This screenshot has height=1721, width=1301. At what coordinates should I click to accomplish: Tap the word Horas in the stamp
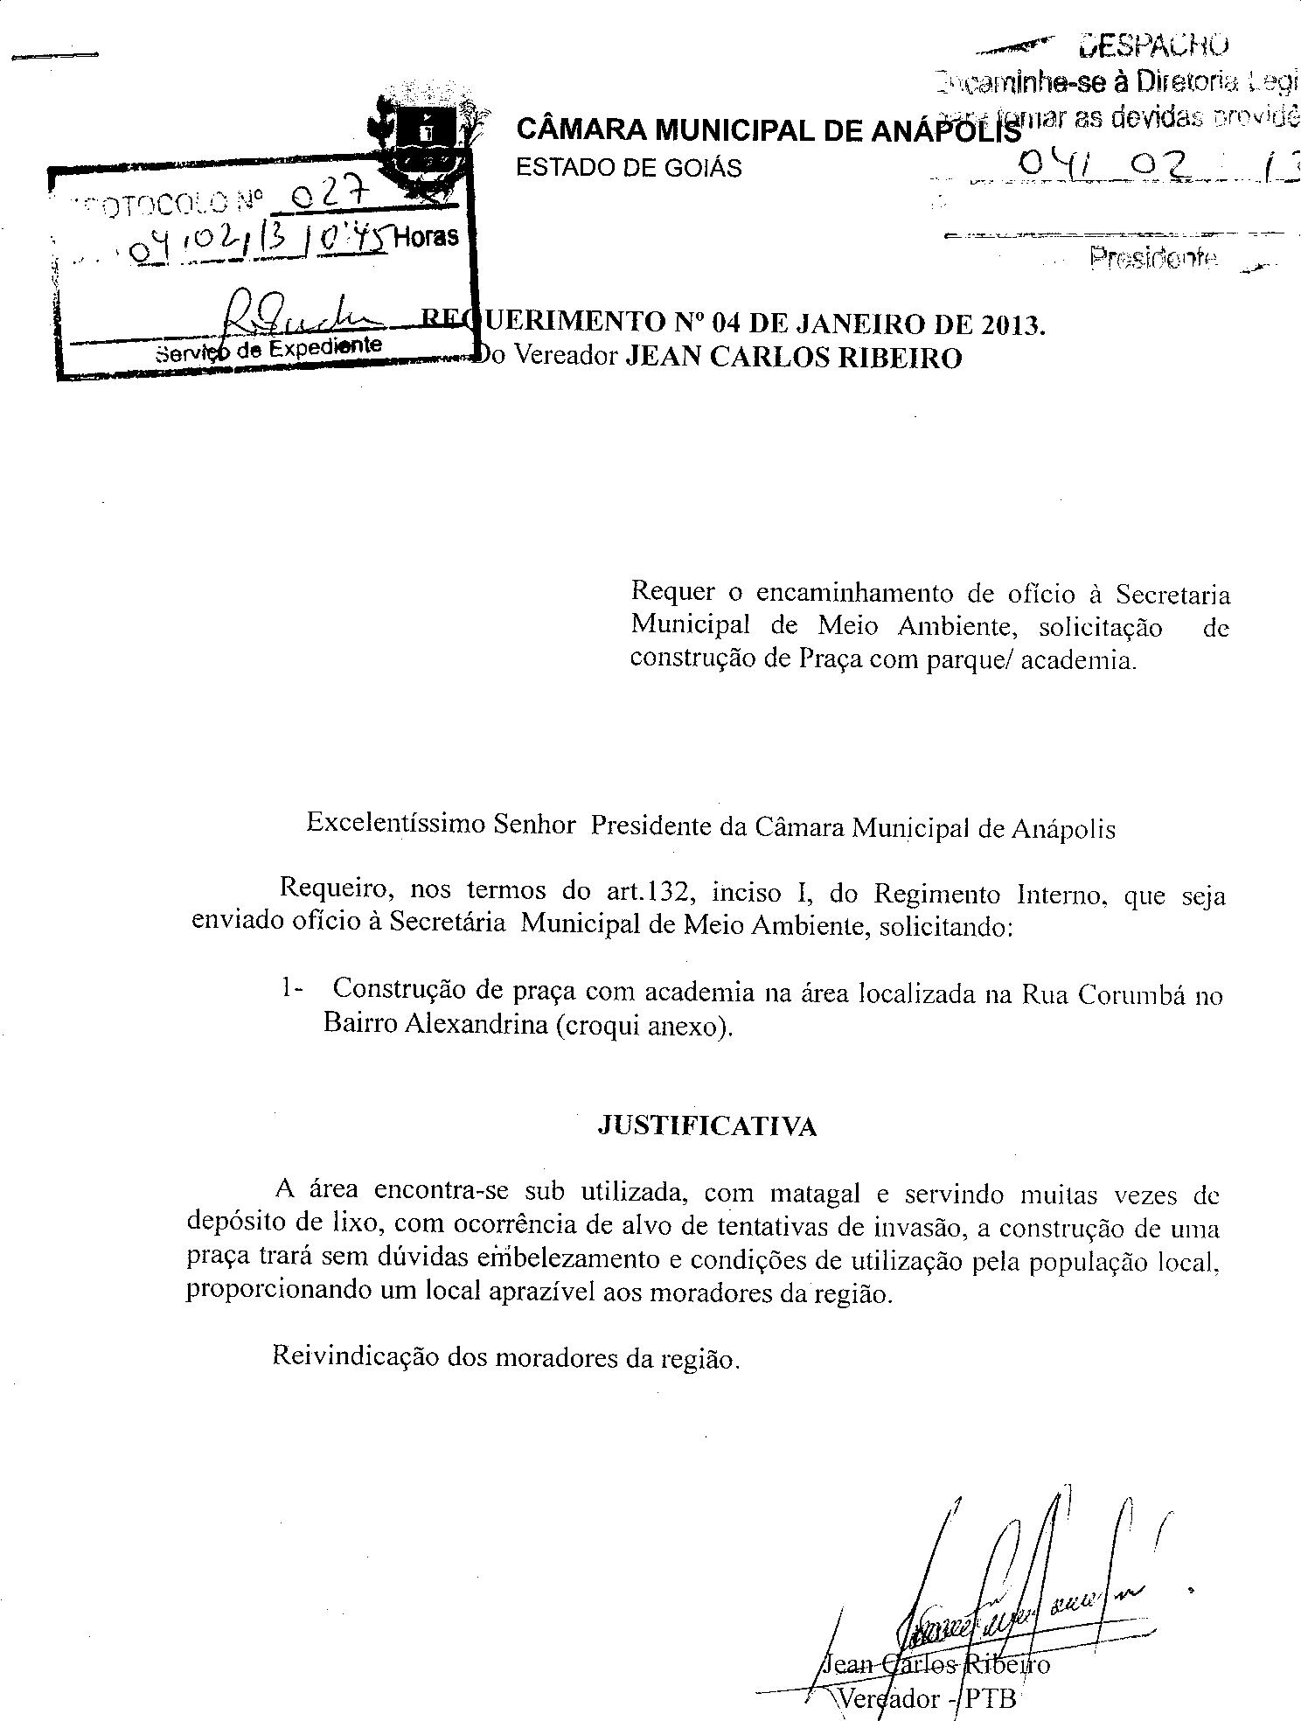(426, 237)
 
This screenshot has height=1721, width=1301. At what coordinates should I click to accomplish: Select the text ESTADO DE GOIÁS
(629, 168)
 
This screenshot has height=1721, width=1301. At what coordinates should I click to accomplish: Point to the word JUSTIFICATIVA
(706, 1126)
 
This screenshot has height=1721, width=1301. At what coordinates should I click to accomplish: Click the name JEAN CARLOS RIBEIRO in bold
(795, 359)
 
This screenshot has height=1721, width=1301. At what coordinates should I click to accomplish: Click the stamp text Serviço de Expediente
(268, 348)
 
